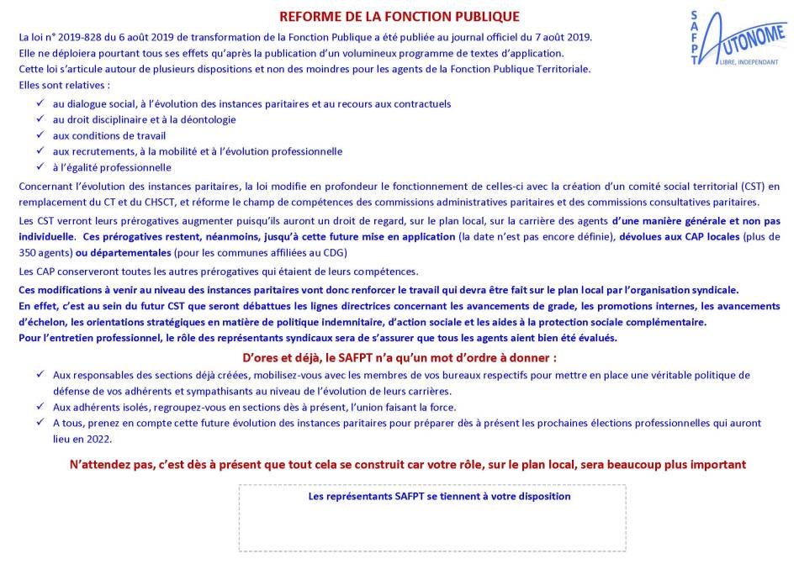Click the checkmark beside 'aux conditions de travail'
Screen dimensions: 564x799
[40, 135]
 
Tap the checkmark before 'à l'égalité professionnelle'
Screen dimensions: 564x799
[40, 167]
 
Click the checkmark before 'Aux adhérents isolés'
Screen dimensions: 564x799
[40, 407]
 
